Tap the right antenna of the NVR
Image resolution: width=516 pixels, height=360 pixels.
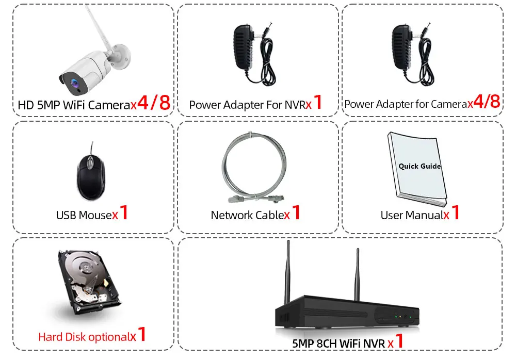coord(356,273)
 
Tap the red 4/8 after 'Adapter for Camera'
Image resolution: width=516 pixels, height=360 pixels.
coord(487,102)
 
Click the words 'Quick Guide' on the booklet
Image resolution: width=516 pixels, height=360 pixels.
coord(420,166)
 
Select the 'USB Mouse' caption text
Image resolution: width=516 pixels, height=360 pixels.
coord(84,215)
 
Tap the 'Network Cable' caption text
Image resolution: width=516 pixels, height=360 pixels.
coord(247,215)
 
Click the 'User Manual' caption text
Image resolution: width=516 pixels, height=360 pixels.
coord(411,215)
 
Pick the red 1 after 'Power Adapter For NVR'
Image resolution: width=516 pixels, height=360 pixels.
coord(318,103)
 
